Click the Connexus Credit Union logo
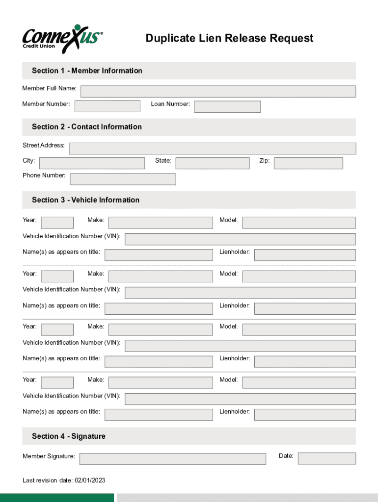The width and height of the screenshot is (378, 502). point(62,38)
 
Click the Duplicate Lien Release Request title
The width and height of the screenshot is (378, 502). point(229,38)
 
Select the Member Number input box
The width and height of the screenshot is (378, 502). point(107,106)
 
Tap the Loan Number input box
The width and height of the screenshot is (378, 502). point(227,106)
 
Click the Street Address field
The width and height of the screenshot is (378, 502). point(213,149)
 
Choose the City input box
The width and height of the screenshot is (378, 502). point(92,163)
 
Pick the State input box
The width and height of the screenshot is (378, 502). point(212,163)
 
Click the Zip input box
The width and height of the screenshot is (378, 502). point(308,163)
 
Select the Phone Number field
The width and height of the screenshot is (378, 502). point(123,179)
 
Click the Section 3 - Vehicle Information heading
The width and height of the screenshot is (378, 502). point(85,200)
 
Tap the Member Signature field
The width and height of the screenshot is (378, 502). point(172,459)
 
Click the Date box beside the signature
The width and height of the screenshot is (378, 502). point(326,458)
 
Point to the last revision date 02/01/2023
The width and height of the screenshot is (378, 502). point(64,480)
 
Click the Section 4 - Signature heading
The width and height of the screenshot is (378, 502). point(69,436)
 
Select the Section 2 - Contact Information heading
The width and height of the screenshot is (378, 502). point(87,127)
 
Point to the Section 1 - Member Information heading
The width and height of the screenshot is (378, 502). point(87,71)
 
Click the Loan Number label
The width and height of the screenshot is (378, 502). point(170,104)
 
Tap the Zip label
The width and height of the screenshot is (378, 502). point(265,161)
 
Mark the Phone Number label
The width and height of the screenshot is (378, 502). point(44,176)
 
